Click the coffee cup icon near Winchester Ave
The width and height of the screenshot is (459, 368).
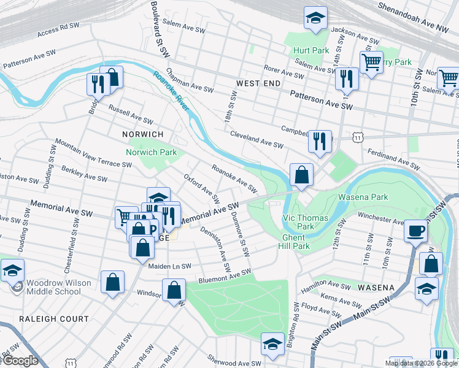coord(415,232)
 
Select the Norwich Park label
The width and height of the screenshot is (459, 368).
coord(151,152)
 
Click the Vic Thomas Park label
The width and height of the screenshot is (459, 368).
coord(306,222)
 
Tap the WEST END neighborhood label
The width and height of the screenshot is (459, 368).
coord(258,83)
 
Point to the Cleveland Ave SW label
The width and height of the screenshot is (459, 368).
coord(256,139)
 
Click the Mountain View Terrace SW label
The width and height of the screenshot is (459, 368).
coord(93,153)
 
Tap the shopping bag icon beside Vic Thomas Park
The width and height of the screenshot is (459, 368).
coord(301,175)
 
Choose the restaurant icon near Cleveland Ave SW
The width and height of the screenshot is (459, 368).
coord(320,142)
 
